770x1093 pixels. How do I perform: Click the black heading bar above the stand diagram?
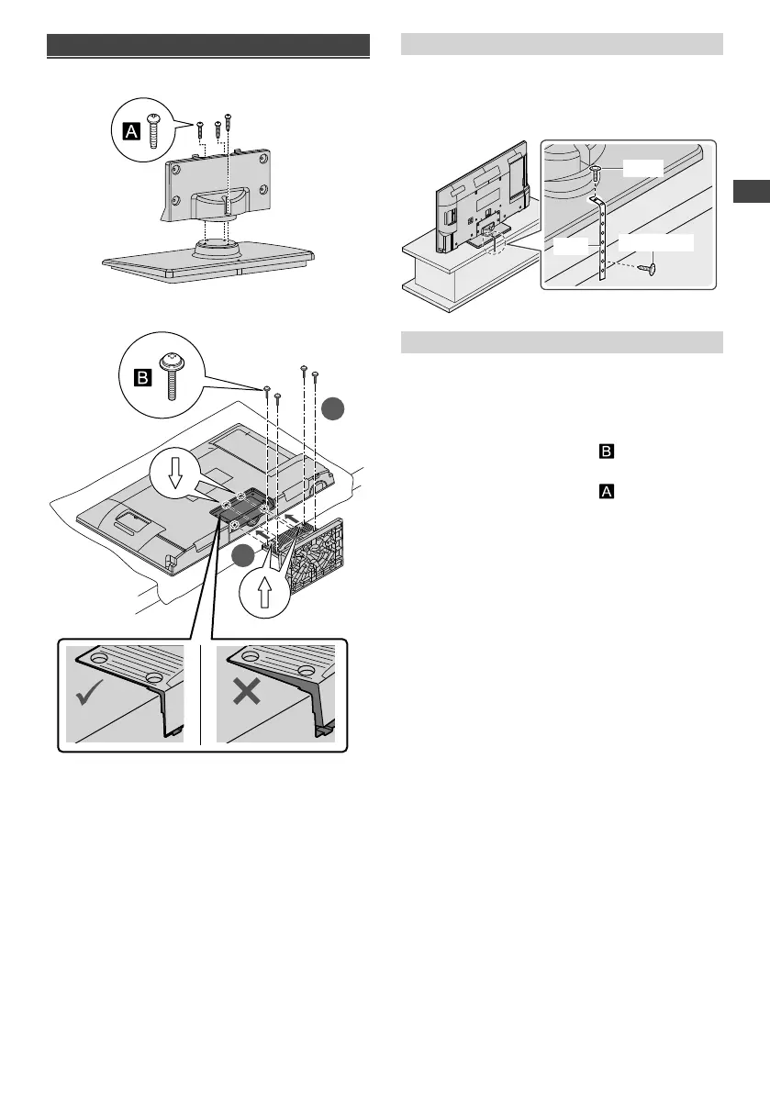point(208,46)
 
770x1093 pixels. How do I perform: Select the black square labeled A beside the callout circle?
point(131,132)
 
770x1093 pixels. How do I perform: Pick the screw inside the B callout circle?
point(169,374)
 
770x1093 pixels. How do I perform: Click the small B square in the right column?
point(606,452)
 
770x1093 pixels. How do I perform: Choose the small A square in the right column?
point(606,493)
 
